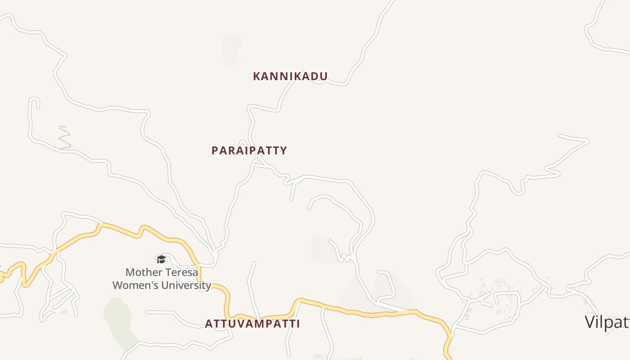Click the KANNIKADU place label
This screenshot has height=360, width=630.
[290, 76]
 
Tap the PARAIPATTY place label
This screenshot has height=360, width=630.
[249, 151]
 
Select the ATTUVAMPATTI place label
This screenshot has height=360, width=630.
[252, 324]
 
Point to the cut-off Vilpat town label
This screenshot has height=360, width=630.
[607, 322]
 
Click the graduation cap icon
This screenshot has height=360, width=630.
[161, 259]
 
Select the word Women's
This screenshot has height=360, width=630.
[135, 285]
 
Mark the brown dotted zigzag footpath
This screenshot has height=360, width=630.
[65, 138]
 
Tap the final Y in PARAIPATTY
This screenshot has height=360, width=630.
[283, 151]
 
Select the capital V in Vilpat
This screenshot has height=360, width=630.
[590, 322]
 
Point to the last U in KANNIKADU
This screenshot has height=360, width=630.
[324, 76]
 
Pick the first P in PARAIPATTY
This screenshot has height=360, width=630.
[215, 151]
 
